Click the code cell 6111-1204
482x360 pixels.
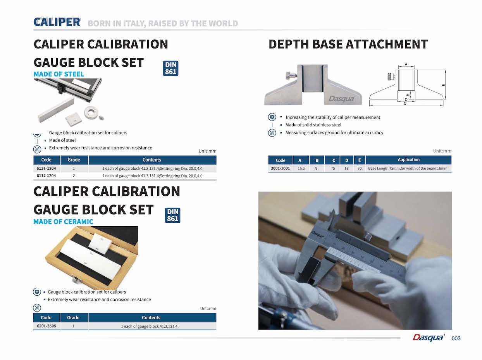click(x=46, y=168)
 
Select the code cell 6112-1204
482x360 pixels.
click(x=46, y=176)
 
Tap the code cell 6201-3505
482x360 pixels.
click(x=46, y=326)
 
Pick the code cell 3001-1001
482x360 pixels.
click(x=280, y=168)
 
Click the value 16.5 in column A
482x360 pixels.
click(x=301, y=168)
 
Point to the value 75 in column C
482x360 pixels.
click(x=333, y=168)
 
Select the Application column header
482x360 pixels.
click(x=408, y=160)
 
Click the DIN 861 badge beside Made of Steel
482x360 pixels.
click(x=170, y=68)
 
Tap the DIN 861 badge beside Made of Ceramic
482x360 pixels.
click(x=172, y=215)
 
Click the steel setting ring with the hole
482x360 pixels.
click(x=90, y=111)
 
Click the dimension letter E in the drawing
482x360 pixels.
click(x=443, y=85)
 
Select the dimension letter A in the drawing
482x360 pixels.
click(x=406, y=64)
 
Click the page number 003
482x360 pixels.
click(x=456, y=338)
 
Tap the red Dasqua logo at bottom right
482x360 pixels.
click(x=429, y=338)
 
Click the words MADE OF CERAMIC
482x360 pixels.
click(x=63, y=222)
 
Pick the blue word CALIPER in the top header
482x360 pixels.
click(x=57, y=22)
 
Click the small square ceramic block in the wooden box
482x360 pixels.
click(x=100, y=243)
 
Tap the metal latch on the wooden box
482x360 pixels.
click(x=75, y=280)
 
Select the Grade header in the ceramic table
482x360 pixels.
click(x=73, y=318)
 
